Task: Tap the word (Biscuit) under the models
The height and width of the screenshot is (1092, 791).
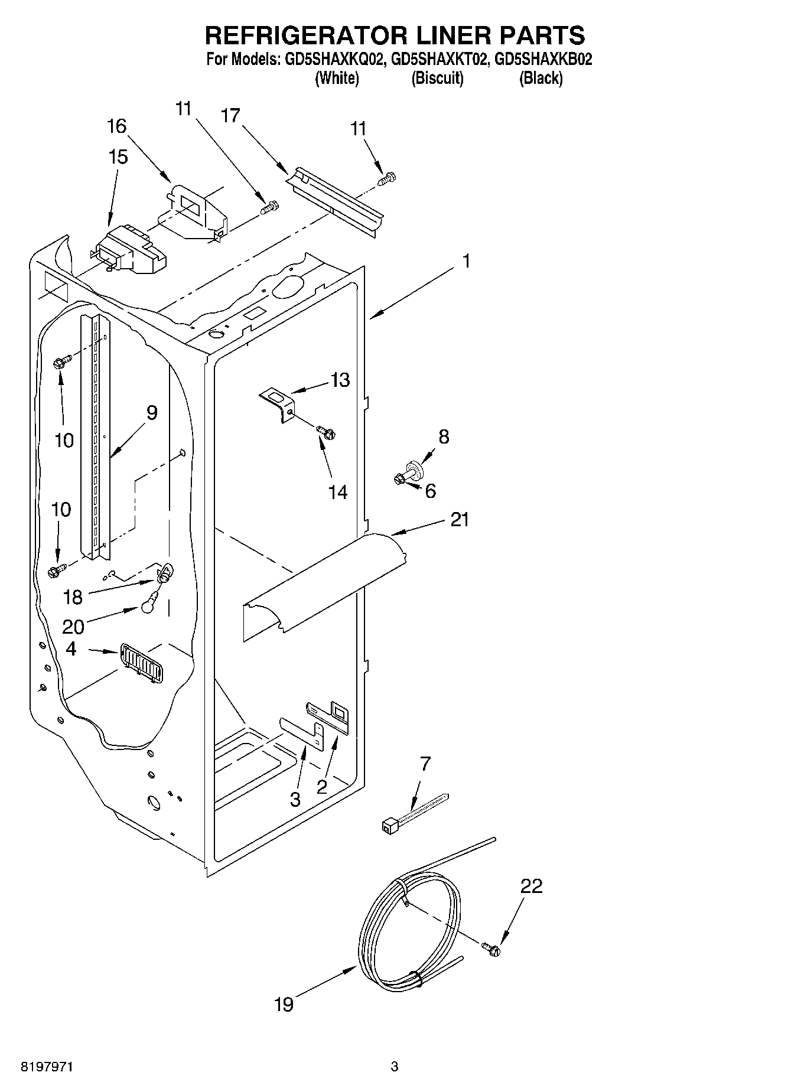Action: pyautogui.click(x=437, y=78)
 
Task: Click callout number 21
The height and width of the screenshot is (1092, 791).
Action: pyautogui.click(x=460, y=520)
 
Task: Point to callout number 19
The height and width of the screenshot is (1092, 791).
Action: pyautogui.click(x=284, y=1004)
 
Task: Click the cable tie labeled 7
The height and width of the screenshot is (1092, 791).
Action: pyautogui.click(x=414, y=814)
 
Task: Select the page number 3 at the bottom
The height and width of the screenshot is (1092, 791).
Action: pyautogui.click(x=395, y=1067)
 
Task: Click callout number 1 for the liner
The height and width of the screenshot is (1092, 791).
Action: pyautogui.click(x=466, y=261)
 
